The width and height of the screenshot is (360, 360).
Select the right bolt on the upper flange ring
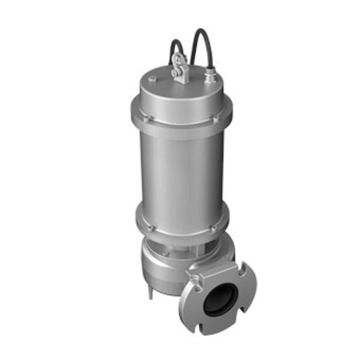click(x=214, y=121)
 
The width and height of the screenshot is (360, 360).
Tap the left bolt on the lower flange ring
click(x=151, y=227)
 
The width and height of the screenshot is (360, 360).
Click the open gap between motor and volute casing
click(x=180, y=246)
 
